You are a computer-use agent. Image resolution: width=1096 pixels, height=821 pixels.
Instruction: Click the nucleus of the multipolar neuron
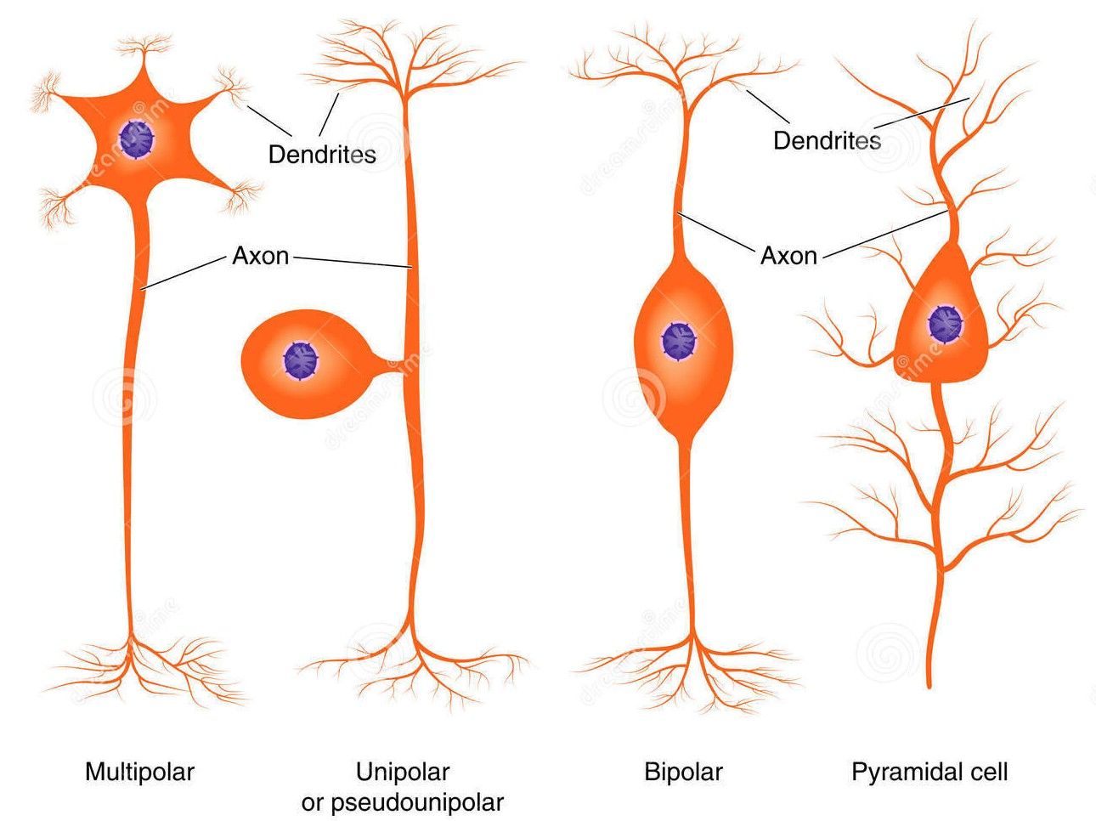[137, 139]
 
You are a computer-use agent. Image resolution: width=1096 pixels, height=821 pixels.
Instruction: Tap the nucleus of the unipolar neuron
[299, 360]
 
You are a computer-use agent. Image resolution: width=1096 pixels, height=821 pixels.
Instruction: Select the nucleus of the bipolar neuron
[678, 341]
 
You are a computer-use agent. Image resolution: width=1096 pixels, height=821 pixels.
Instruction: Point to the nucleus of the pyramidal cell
[944, 323]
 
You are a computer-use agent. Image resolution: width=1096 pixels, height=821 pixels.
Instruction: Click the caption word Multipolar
[139, 772]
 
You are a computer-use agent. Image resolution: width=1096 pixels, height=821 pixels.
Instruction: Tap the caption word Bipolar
[683, 772]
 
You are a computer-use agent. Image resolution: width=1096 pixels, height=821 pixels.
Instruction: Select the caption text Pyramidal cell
[929, 772]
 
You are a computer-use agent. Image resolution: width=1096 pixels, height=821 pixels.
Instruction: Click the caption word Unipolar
[402, 772]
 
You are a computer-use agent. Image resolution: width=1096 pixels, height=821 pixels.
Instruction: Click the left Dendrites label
[322, 154]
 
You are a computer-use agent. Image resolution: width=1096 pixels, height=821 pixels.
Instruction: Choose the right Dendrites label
[827, 140]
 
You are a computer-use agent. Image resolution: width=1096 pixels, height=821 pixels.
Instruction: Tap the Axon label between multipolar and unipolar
[260, 255]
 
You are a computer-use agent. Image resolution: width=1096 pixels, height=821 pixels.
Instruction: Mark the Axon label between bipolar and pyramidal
[788, 255]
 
